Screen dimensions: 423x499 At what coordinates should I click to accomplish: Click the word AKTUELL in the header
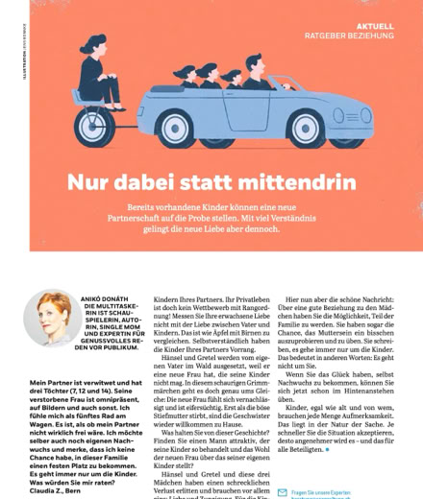[374, 26]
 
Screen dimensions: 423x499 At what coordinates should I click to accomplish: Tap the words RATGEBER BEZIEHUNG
[350, 36]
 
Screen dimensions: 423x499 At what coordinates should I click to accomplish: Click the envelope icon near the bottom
[282, 492]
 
